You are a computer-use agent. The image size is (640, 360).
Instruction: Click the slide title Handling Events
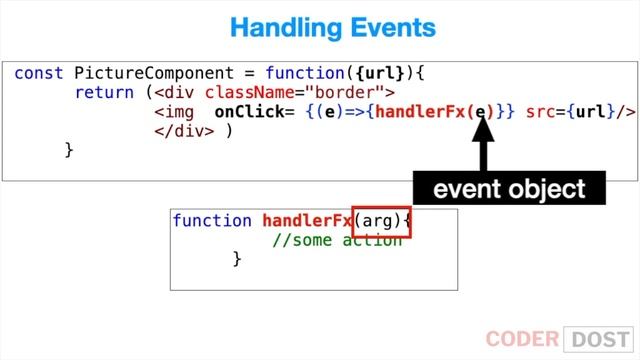[x=319, y=27]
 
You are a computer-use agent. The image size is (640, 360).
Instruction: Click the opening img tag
[x=176, y=111]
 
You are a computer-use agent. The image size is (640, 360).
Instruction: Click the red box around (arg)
[x=380, y=221]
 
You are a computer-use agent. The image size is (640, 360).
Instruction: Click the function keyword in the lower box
[x=212, y=221]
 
